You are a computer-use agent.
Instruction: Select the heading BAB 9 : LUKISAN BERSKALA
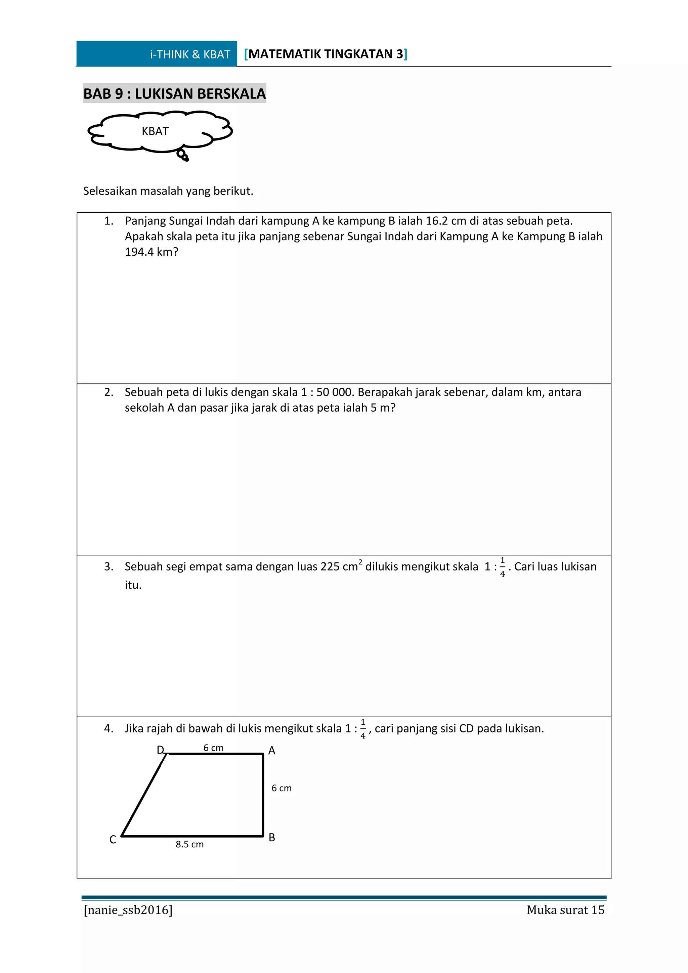tap(175, 94)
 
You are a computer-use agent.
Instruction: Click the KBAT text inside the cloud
tap(155, 131)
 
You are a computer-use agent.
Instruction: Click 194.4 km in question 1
tap(151, 252)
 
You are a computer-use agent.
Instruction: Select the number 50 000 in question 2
tap(334, 392)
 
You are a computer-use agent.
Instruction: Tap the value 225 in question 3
tap(331, 566)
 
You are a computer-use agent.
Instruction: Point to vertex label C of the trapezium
tap(113, 840)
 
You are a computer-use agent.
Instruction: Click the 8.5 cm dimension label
tap(190, 844)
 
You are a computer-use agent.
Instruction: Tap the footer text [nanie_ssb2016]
tap(128, 910)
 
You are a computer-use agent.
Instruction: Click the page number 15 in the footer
tap(598, 910)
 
